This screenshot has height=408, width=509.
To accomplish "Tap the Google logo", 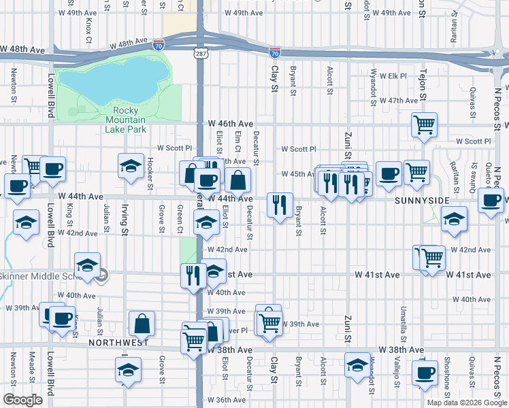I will pos(23,400).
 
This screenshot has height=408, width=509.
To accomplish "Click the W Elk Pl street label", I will pos(393,75).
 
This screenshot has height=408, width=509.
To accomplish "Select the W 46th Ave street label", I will pos(231,124).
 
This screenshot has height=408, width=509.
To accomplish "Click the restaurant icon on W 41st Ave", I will pos(193,275).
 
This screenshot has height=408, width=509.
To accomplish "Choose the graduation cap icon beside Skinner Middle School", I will pos(88,266).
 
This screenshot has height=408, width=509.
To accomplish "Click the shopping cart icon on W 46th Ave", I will pos(424,125).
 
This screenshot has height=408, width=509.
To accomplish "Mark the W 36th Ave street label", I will pos(227,400).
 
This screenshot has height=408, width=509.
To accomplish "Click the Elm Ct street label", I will pos(237,141).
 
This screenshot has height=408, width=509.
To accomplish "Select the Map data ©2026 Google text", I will pos(466,402).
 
